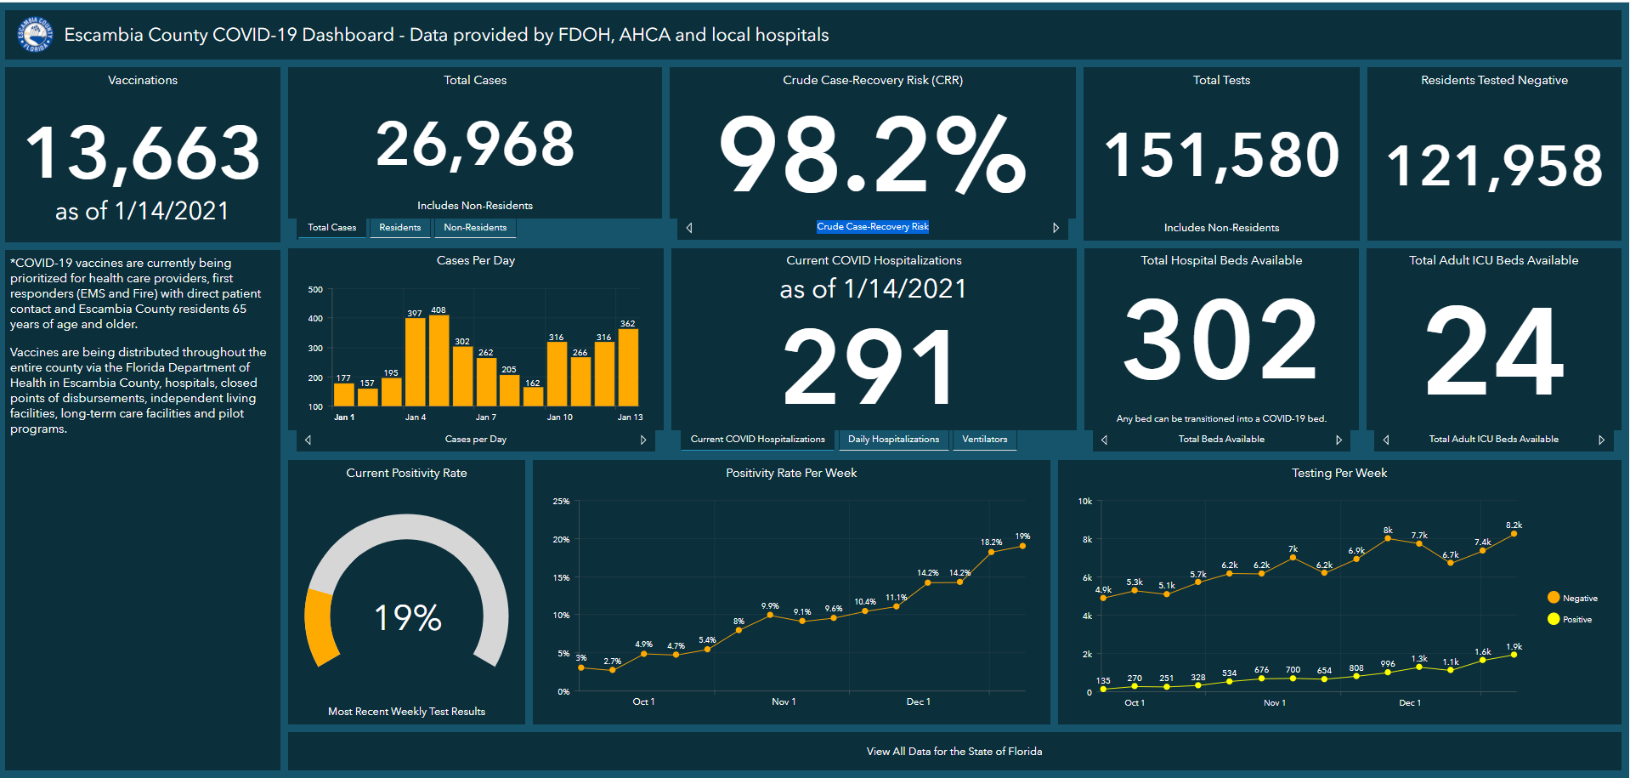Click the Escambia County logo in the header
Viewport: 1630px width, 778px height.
[36, 35]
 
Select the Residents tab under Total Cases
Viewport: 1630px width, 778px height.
[399, 227]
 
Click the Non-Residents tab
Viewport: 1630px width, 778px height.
[475, 227]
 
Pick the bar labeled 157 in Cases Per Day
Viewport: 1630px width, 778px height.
[367, 397]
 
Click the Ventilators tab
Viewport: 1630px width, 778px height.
[984, 440]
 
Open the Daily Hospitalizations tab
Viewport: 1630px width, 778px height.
[893, 440]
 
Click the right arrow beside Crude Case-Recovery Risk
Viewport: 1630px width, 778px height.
[1056, 228]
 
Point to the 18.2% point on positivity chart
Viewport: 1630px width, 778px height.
[991, 553]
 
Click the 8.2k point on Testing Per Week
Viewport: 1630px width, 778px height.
[1514, 534]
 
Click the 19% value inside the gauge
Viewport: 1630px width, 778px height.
[408, 617]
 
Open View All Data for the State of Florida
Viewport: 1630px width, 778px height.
[954, 752]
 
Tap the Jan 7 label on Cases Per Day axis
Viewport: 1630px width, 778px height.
[485, 417]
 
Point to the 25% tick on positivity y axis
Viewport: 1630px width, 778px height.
[561, 502]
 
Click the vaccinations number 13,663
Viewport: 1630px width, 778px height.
[143, 154]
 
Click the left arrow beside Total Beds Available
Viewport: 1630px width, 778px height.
[1104, 440]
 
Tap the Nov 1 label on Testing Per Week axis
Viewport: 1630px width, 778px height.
[1274, 703]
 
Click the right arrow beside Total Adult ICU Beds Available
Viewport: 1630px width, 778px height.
[1601, 440]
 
